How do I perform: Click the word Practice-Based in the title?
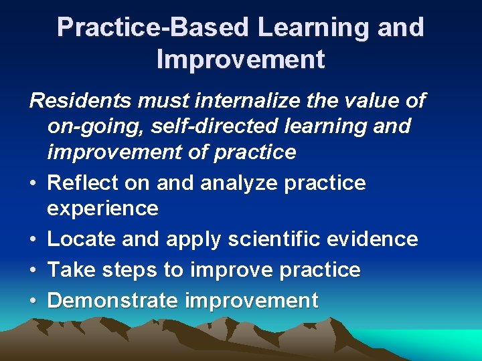click(x=153, y=27)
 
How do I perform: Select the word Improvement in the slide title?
click(x=240, y=59)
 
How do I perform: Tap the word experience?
click(x=102, y=209)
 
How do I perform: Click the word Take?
click(x=69, y=270)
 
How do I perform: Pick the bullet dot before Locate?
click(x=33, y=239)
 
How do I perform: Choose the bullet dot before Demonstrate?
click(x=33, y=301)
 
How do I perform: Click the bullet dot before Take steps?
click(x=33, y=270)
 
